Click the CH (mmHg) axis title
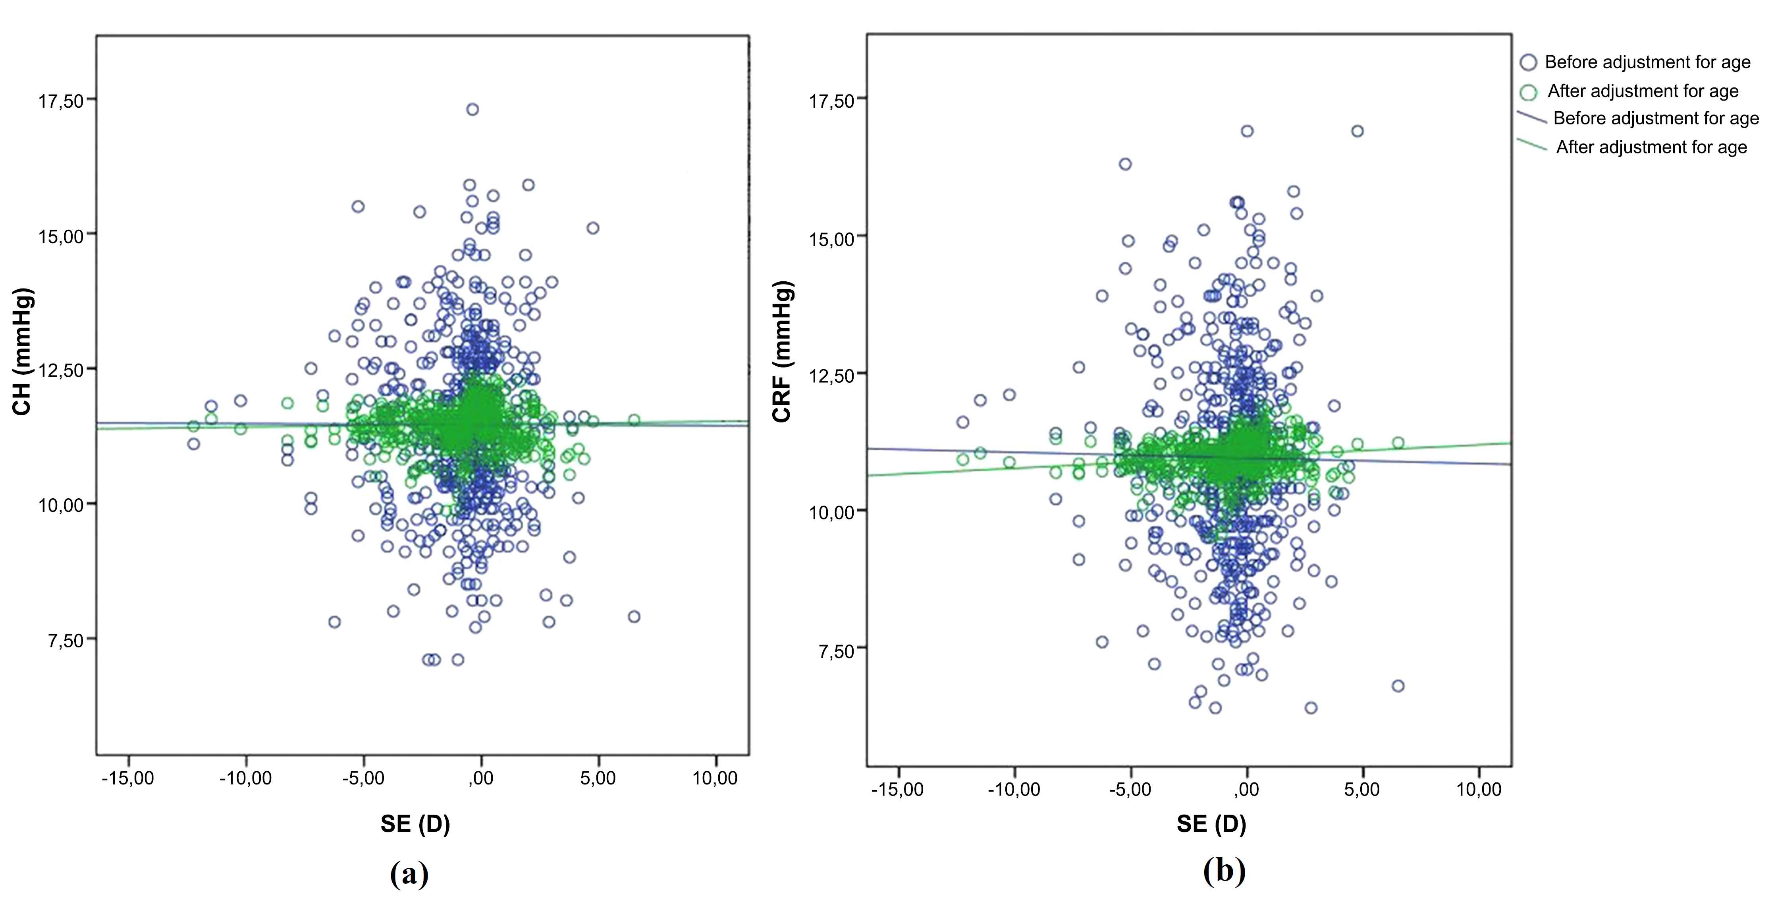[22, 351]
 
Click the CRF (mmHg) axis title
[783, 351]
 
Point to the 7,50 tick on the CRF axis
[836, 651]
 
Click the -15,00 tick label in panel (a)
[128, 778]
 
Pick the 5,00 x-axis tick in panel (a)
[598, 778]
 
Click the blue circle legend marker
[1529, 63]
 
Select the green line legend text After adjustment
[1651, 148]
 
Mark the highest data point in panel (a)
[472, 109]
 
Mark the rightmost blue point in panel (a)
[634, 616]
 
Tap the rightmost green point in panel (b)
[1398, 443]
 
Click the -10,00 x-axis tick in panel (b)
[1014, 789]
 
